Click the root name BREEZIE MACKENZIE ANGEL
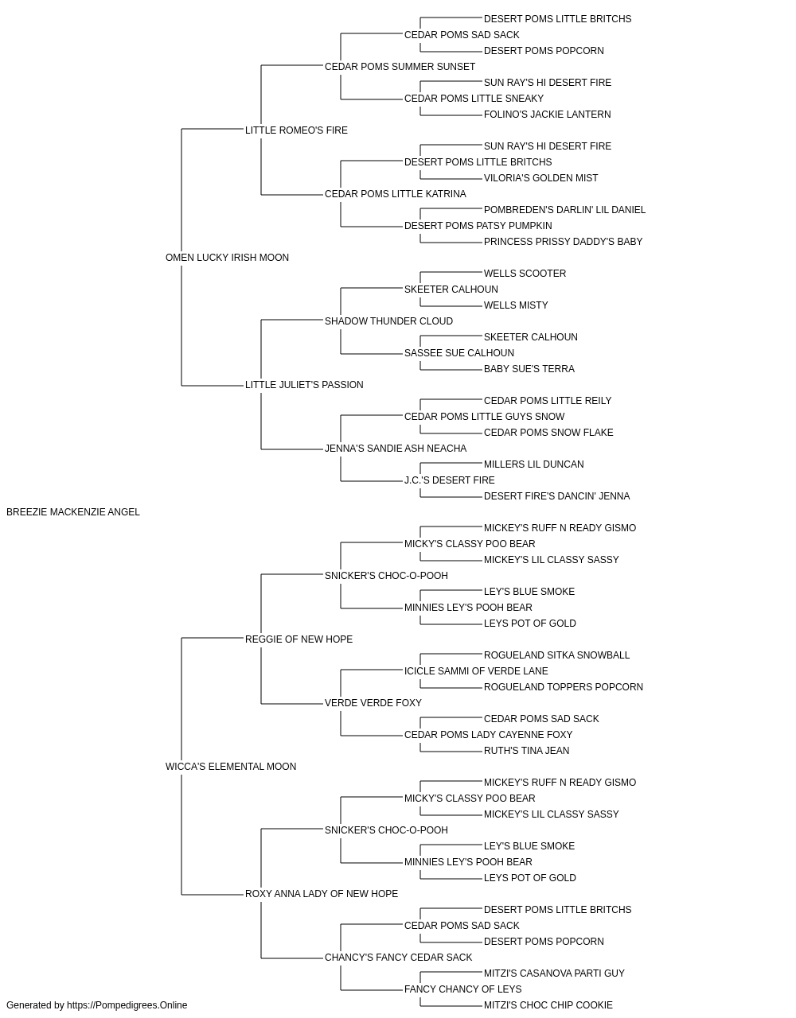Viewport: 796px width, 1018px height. (73, 512)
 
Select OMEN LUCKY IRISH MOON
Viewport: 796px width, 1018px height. (227, 258)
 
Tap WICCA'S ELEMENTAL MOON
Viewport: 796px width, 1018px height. (231, 767)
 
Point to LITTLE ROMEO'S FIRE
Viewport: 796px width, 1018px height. (296, 130)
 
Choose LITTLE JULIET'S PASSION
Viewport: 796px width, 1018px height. (304, 385)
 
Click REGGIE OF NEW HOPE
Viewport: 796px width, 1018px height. (298, 639)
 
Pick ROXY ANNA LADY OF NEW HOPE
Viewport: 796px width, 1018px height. (322, 893)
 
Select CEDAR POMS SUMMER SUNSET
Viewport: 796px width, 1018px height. (400, 67)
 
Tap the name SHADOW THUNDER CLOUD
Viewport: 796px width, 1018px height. (388, 321)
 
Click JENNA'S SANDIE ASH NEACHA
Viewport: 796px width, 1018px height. (396, 449)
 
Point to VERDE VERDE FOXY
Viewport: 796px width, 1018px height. (373, 703)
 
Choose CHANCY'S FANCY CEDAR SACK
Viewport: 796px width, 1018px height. (399, 957)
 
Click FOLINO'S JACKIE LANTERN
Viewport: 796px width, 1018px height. (547, 115)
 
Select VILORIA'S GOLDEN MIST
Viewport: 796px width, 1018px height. (541, 178)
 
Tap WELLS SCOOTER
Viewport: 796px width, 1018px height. (525, 273)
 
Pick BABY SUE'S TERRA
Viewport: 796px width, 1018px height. (529, 369)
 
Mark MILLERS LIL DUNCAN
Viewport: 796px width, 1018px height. (534, 464)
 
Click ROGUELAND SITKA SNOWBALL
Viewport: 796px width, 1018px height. (557, 655)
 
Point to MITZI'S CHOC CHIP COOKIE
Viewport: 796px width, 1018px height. (548, 1005)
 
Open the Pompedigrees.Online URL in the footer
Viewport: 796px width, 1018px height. (127, 1005)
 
